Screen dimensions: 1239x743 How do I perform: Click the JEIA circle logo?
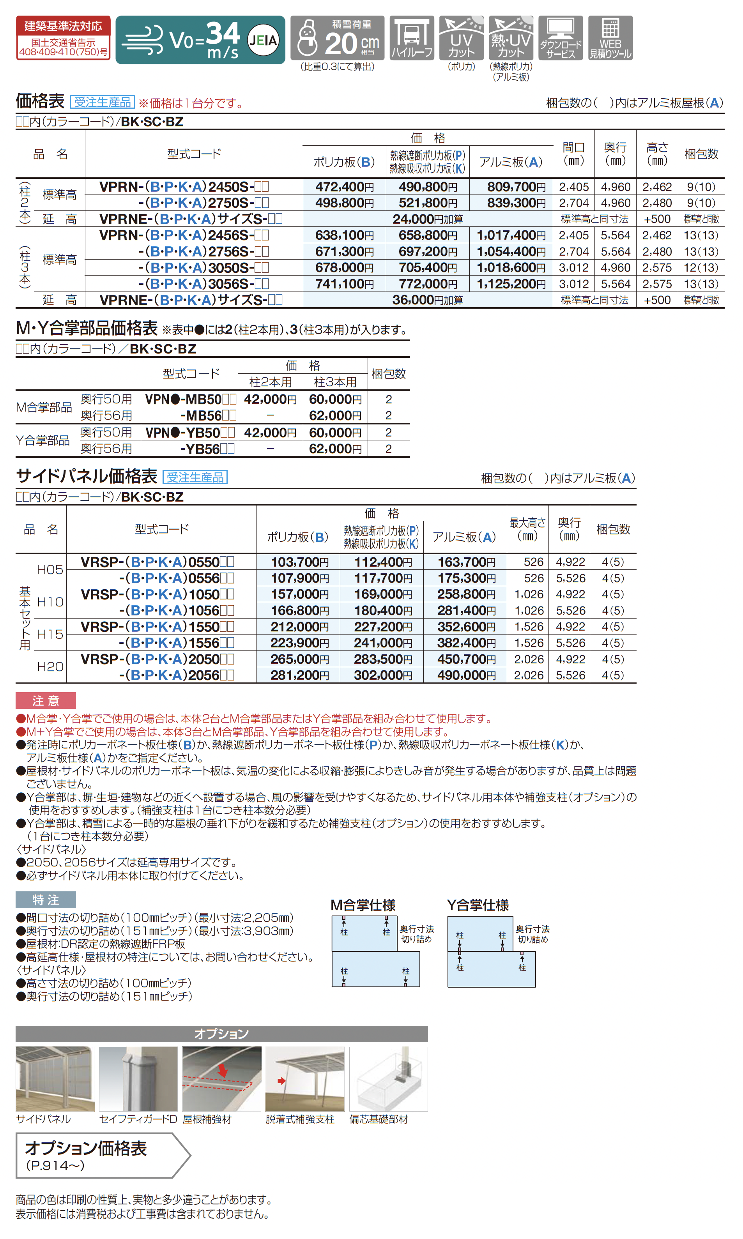pos(264,39)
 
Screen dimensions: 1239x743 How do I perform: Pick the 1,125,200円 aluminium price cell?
pos(511,284)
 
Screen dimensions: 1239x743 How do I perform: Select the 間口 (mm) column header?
pos(573,154)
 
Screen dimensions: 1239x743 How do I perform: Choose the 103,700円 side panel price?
pos(299,562)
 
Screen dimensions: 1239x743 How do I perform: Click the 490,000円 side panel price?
pos(465,675)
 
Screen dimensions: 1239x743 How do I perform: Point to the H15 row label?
pos(50,634)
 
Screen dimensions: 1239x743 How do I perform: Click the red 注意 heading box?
pos(46,700)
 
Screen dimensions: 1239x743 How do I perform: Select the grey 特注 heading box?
pos(46,900)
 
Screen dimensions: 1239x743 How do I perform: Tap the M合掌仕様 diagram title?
pos(363,905)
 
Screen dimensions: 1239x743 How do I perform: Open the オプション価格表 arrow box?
pos(103,1155)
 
